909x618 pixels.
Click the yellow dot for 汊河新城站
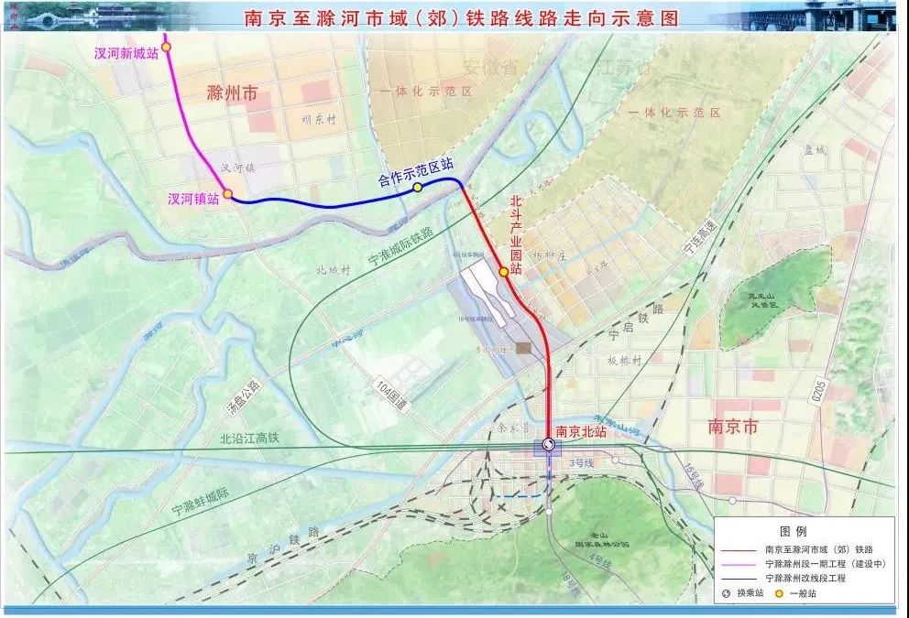[x=166, y=46]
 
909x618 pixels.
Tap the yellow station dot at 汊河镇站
[x=227, y=194]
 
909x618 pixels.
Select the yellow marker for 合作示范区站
[x=417, y=187]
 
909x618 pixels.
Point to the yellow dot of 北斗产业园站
[x=503, y=272]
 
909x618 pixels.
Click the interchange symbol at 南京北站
[x=549, y=445]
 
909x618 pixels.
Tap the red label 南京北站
[x=581, y=431]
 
